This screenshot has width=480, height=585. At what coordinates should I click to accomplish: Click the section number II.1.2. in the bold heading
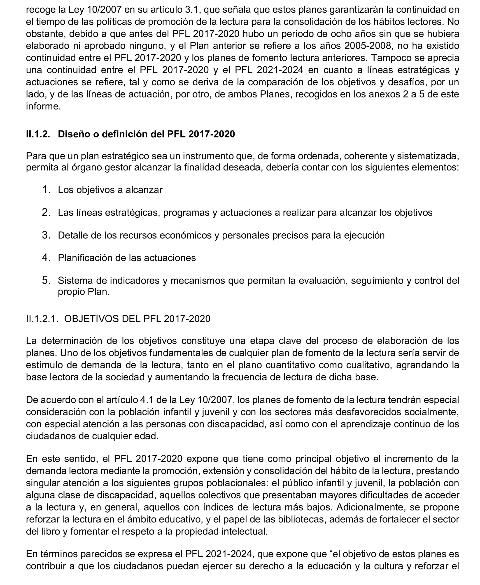coord(38,134)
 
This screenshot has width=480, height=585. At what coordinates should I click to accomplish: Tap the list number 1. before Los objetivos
coord(46,190)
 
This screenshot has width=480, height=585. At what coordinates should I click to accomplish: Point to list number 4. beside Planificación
coord(46,258)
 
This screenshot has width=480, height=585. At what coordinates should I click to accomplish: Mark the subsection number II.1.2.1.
coord(42,319)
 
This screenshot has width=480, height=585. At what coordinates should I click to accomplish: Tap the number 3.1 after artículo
coord(192,9)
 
